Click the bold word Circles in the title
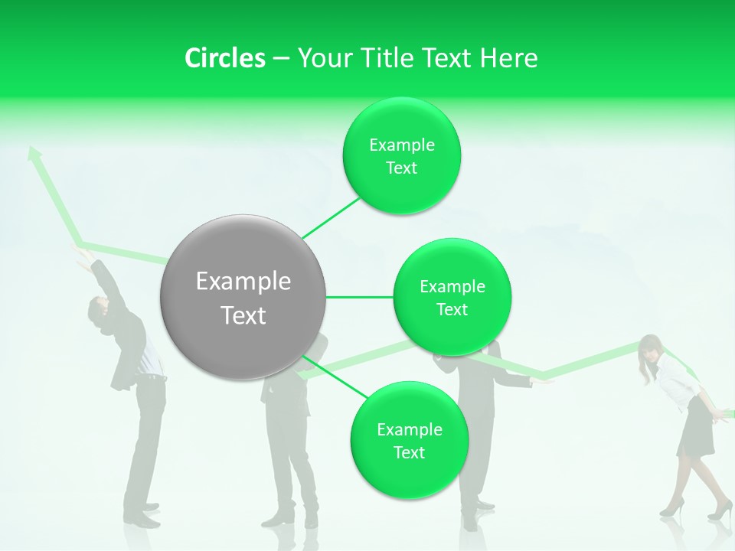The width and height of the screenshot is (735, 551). pyautogui.click(x=224, y=58)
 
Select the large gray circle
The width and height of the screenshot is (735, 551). pyautogui.click(x=243, y=297)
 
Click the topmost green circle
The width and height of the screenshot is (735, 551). pyautogui.click(x=401, y=155)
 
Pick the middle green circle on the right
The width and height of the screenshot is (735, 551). pyautogui.click(x=452, y=297)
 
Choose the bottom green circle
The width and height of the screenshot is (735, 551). pyautogui.click(x=409, y=440)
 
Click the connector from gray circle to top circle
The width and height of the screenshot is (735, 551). pyautogui.click(x=331, y=218)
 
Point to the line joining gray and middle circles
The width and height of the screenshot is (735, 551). pyautogui.click(x=359, y=297)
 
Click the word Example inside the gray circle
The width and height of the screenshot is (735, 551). pyautogui.click(x=243, y=282)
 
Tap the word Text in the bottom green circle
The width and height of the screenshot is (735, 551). pyautogui.click(x=409, y=452)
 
